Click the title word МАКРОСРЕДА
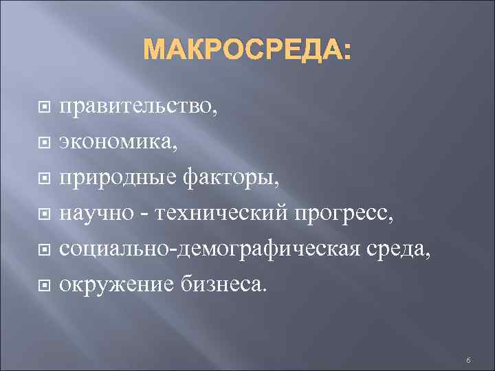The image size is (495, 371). (243, 50)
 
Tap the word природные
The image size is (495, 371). (116, 179)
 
